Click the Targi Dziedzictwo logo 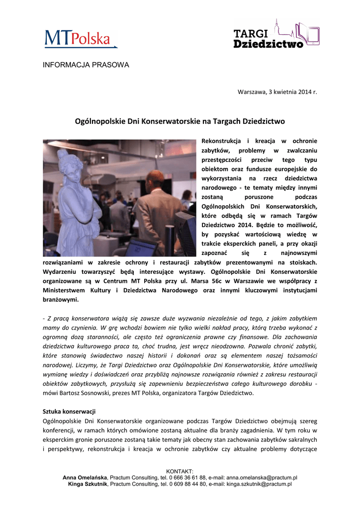276,35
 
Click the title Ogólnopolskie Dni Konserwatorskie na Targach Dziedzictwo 180,121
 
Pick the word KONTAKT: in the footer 180,471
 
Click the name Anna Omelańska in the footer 86,477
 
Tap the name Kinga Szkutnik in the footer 88,484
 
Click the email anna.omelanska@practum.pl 262,477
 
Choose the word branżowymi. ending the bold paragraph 61,300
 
